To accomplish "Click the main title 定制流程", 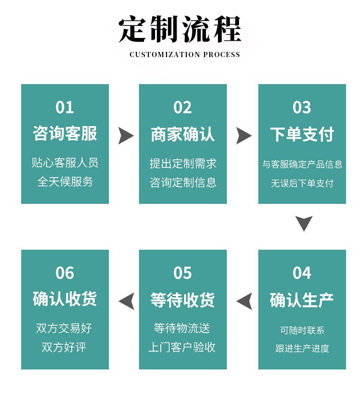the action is pos(180,29).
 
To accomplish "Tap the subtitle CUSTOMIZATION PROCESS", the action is pos(185,55).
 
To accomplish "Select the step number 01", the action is pos(65,108).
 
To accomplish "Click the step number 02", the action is pos(182,108).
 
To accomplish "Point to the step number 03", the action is pos(302,108).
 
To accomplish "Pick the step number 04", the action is pos(302,273).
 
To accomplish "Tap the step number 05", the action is pos(182,273).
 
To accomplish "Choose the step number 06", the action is pos(65,273).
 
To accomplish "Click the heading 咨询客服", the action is pos(65,133).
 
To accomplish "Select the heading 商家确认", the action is pos(183,134).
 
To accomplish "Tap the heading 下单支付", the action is pos(302,134).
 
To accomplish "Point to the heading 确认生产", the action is pos(302,300).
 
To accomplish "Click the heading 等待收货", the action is pos(182,300).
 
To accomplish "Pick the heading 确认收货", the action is pos(65,299).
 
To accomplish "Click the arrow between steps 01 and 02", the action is pos(126,136).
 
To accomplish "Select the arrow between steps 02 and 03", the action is pos(243,136).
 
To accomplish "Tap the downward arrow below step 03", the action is pos(304,223).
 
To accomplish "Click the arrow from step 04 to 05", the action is pos(245,301).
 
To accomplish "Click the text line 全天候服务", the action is pos(65,182).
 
